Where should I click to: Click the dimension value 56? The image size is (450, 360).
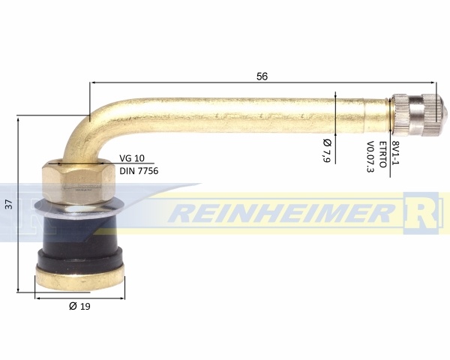(262, 76)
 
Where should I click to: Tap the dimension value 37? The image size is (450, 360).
(9, 204)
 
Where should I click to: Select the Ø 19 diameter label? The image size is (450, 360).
(79, 306)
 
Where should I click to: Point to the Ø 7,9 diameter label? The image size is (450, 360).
(327, 151)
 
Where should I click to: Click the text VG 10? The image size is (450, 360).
(132, 158)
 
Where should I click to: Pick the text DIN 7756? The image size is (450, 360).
(139, 171)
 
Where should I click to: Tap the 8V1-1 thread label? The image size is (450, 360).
(396, 153)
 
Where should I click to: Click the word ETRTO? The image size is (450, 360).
(382, 154)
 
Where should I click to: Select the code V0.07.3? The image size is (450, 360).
(370, 157)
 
